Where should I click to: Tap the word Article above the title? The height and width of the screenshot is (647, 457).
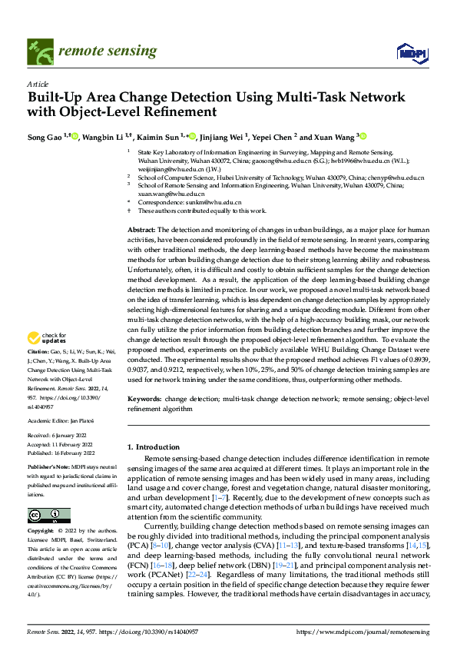37,83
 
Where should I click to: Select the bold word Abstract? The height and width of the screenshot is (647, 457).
141,231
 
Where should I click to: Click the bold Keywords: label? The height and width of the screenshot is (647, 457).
144,400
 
